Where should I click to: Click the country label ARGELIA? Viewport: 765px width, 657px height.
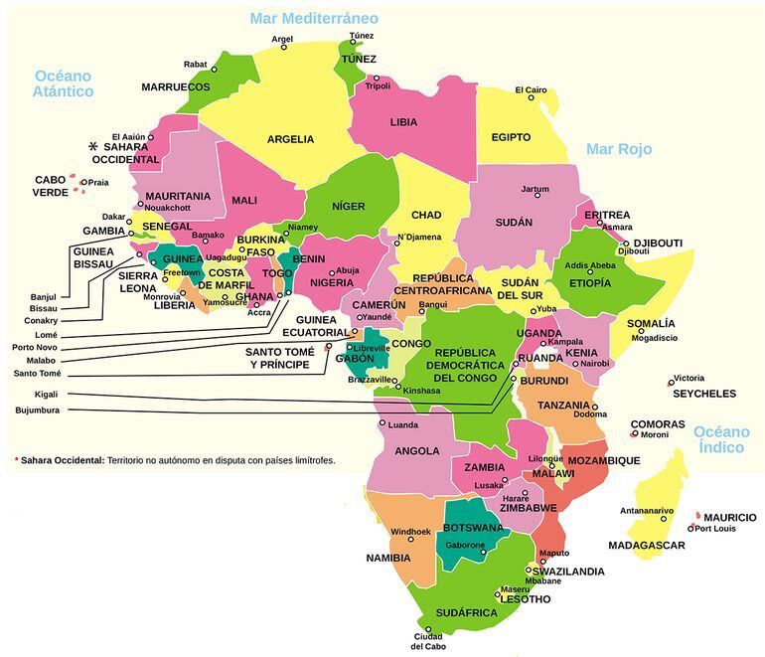[x=290, y=139]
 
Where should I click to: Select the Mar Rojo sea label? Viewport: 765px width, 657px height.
[x=618, y=149]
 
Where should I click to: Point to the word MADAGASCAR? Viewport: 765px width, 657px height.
[x=646, y=546]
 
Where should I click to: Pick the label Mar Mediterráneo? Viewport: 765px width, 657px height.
[x=314, y=19]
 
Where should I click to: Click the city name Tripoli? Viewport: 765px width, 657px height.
[x=378, y=86]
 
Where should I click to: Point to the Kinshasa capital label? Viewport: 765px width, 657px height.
[x=421, y=391]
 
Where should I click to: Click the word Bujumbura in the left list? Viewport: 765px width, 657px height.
[x=38, y=410]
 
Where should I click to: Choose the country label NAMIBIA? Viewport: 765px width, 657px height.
[x=387, y=558]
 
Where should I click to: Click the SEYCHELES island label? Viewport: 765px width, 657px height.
[x=703, y=394]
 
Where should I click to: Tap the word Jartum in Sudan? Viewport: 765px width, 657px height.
[x=535, y=189]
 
